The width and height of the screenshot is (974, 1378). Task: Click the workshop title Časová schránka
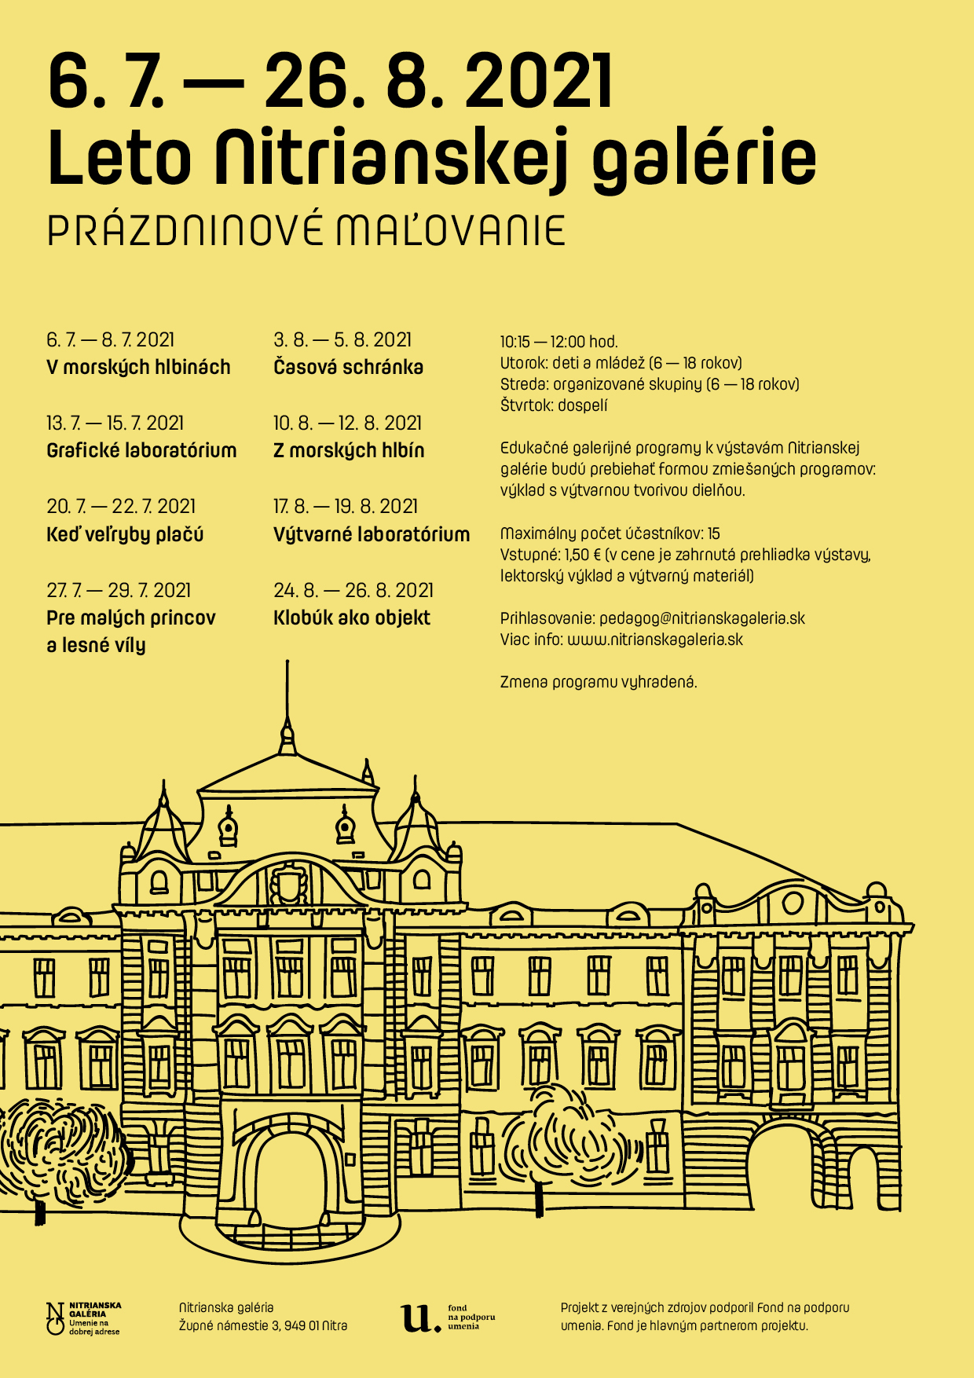click(348, 368)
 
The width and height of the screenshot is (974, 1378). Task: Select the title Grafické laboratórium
click(141, 451)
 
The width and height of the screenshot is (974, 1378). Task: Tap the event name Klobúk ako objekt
click(352, 618)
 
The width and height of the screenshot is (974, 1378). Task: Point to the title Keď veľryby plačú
click(125, 535)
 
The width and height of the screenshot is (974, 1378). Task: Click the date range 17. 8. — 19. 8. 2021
click(346, 507)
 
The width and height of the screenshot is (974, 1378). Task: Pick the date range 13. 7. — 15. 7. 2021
click(115, 423)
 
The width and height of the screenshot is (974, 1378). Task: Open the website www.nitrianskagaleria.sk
click(655, 640)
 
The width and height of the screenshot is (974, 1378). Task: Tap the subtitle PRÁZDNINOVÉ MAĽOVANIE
click(306, 231)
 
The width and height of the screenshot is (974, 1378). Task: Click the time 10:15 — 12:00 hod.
click(559, 342)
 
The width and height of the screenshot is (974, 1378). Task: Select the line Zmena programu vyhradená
click(599, 682)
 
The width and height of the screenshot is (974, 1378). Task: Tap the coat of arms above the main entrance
click(287, 884)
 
